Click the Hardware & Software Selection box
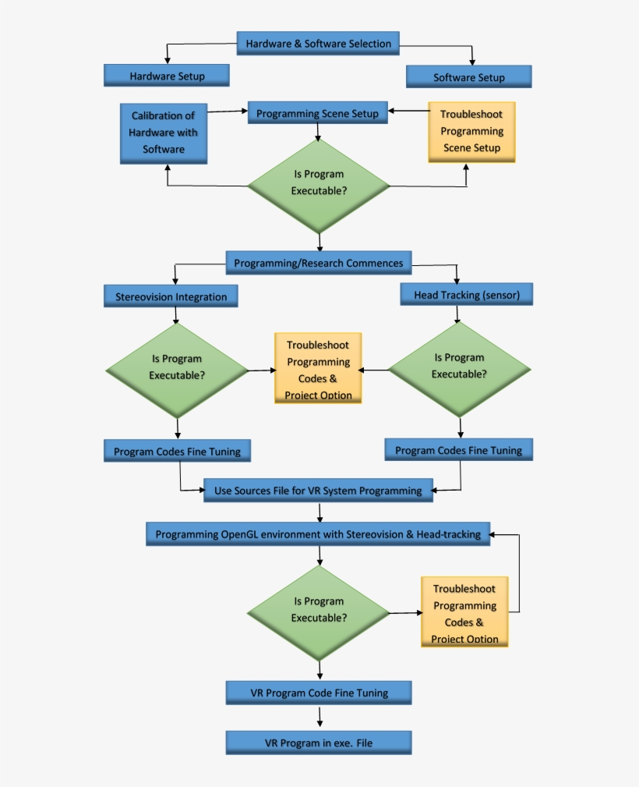click(318, 44)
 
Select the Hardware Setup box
click(167, 76)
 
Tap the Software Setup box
click(468, 76)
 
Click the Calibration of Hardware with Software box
click(163, 133)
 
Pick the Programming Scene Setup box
click(317, 113)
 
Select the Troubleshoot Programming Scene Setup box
click(471, 132)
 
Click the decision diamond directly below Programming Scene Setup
click(319, 184)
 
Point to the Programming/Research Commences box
click(318, 263)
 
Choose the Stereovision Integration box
click(171, 296)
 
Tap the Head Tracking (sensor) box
click(466, 294)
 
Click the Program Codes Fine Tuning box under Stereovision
click(177, 451)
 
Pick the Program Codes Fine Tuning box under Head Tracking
click(458, 450)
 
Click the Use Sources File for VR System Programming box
click(318, 491)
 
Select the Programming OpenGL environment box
click(318, 534)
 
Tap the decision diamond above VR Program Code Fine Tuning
click(319, 612)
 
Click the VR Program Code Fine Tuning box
click(318, 692)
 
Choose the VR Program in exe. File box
click(318, 743)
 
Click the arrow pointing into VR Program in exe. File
click(319, 718)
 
